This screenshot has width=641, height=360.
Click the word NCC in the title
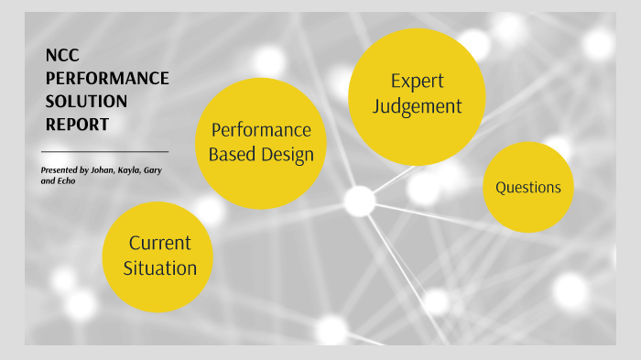pos(60,57)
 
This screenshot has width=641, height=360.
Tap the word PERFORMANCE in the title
pos(107,79)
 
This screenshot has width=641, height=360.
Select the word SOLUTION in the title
pos(86,101)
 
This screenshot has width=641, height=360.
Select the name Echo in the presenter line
pos(67,181)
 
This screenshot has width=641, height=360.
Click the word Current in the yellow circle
pos(159,244)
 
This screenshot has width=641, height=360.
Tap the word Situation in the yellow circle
pos(159,268)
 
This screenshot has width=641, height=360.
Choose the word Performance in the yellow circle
pos(261,130)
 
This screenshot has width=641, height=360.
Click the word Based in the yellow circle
pos(233,155)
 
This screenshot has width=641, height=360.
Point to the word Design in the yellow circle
pos(287,155)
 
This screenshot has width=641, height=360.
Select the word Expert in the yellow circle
pos(417,82)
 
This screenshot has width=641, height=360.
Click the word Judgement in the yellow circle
pos(417,106)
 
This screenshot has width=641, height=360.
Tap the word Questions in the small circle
pos(527,188)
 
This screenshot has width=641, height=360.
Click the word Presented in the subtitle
pos(60,169)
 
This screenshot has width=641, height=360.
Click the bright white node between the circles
pos(359,201)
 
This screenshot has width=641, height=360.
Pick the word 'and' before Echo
pos(48,181)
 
